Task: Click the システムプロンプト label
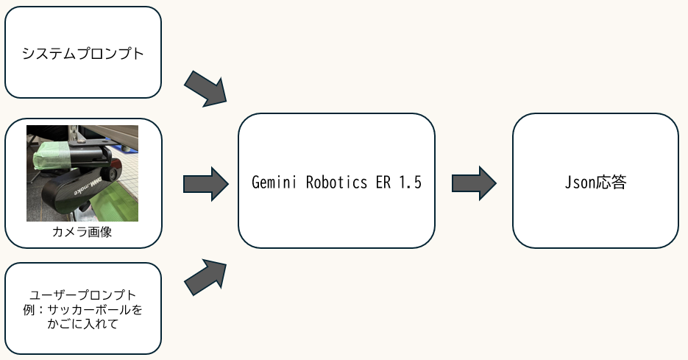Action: tap(82, 54)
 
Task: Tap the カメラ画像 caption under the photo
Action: tap(82, 232)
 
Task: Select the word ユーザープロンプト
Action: tap(82, 295)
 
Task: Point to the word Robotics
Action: tap(336, 182)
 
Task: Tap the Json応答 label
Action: tap(595, 182)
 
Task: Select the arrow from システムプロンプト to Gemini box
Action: tap(207, 90)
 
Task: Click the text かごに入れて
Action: tap(82, 325)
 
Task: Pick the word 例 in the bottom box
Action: tap(29, 310)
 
